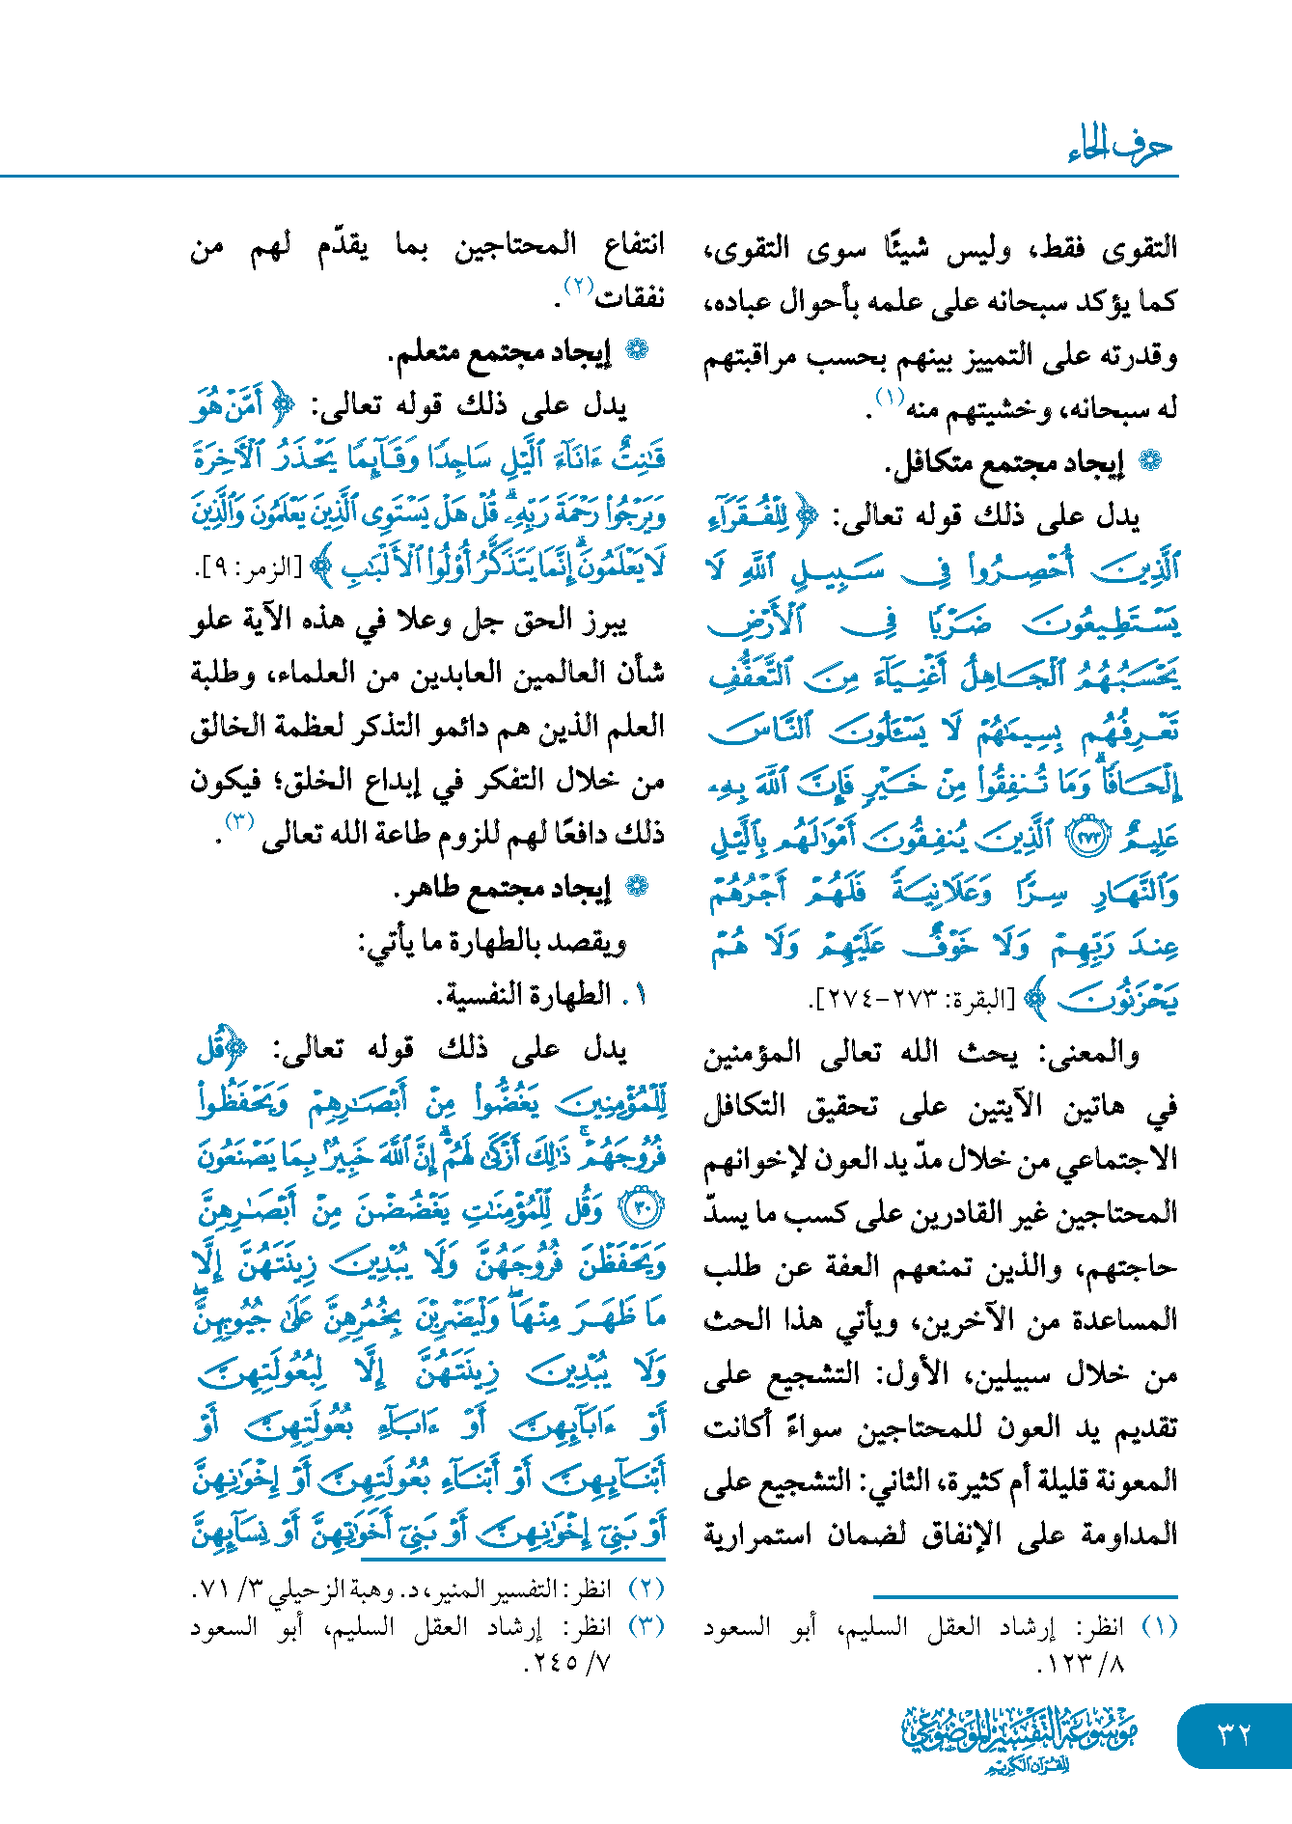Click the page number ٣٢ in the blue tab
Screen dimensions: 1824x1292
[x=1234, y=1734]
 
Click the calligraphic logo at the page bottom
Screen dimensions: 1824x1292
[x=1019, y=1737]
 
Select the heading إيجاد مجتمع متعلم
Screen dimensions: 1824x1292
[x=500, y=354]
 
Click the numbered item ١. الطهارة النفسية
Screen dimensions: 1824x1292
[x=541, y=995]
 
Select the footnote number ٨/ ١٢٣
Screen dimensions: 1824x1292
[x=1081, y=1664]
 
